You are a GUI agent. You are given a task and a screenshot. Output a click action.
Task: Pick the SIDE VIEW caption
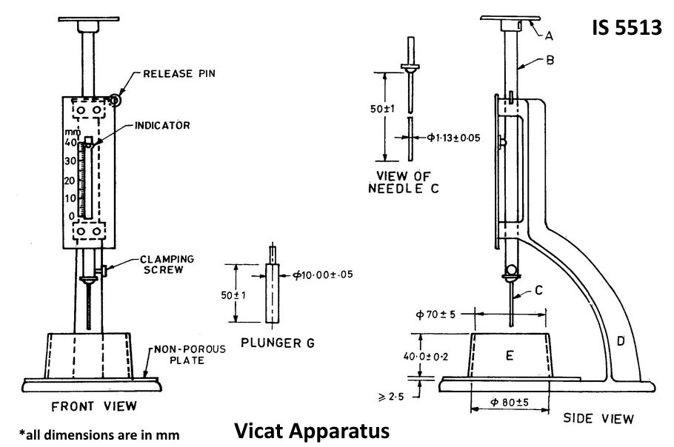tap(598, 418)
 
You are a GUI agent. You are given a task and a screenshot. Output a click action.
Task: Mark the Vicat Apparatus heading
tap(312, 430)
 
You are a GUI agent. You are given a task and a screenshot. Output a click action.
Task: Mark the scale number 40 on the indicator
tap(70, 143)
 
